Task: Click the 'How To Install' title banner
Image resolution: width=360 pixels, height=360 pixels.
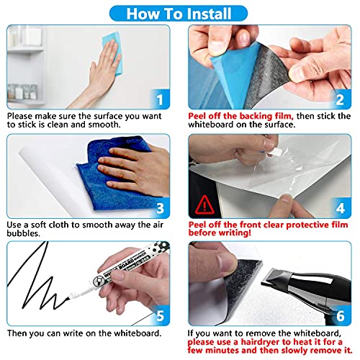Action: click(180, 12)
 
